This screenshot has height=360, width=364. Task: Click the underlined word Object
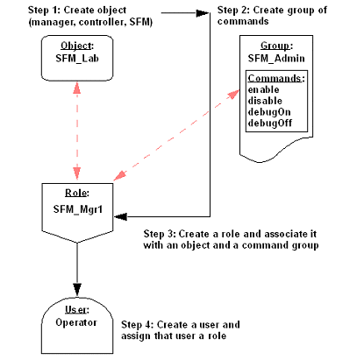coord(76,46)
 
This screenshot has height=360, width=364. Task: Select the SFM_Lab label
coord(77,59)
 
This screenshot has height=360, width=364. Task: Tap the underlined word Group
coord(275,46)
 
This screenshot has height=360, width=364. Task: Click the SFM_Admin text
coord(276,59)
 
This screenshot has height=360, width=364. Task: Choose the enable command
coord(263,89)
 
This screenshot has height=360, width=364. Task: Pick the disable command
coord(265,101)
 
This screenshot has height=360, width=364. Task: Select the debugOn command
coord(269,112)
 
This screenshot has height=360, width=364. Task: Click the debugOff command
coord(270,124)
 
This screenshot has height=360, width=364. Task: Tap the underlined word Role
coord(76,193)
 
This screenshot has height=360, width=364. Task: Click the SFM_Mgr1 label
coord(78,209)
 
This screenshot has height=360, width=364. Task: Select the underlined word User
coord(75,309)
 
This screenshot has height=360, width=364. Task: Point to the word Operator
coord(76,322)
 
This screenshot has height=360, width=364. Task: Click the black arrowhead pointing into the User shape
coord(77,289)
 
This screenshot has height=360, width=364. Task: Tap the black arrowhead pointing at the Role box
coord(120,216)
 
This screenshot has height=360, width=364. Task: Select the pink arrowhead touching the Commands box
coord(234,94)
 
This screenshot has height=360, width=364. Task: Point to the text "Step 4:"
coord(138,325)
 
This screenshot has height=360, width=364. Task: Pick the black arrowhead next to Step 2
coord(203,13)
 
